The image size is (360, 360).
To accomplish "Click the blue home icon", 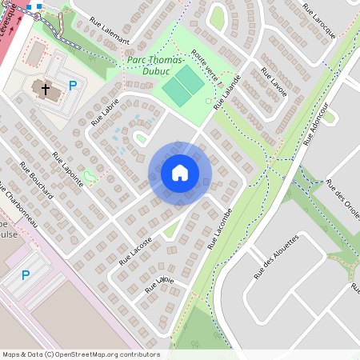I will (x=180, y=173).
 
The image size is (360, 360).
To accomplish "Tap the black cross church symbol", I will (x=46, y=89).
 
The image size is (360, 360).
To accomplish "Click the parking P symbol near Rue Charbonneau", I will (x=26, y=275).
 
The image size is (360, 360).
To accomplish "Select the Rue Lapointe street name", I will (x=67, y=170).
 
